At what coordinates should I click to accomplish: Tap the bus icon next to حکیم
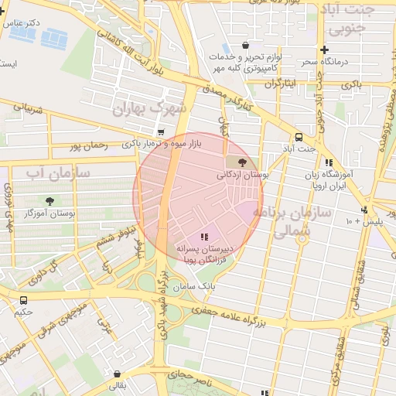(23, 300)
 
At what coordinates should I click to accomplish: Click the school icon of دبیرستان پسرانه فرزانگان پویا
(204, 237)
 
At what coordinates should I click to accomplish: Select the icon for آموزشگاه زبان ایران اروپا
(329, 162)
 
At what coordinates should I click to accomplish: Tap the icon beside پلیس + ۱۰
(364, 210)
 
